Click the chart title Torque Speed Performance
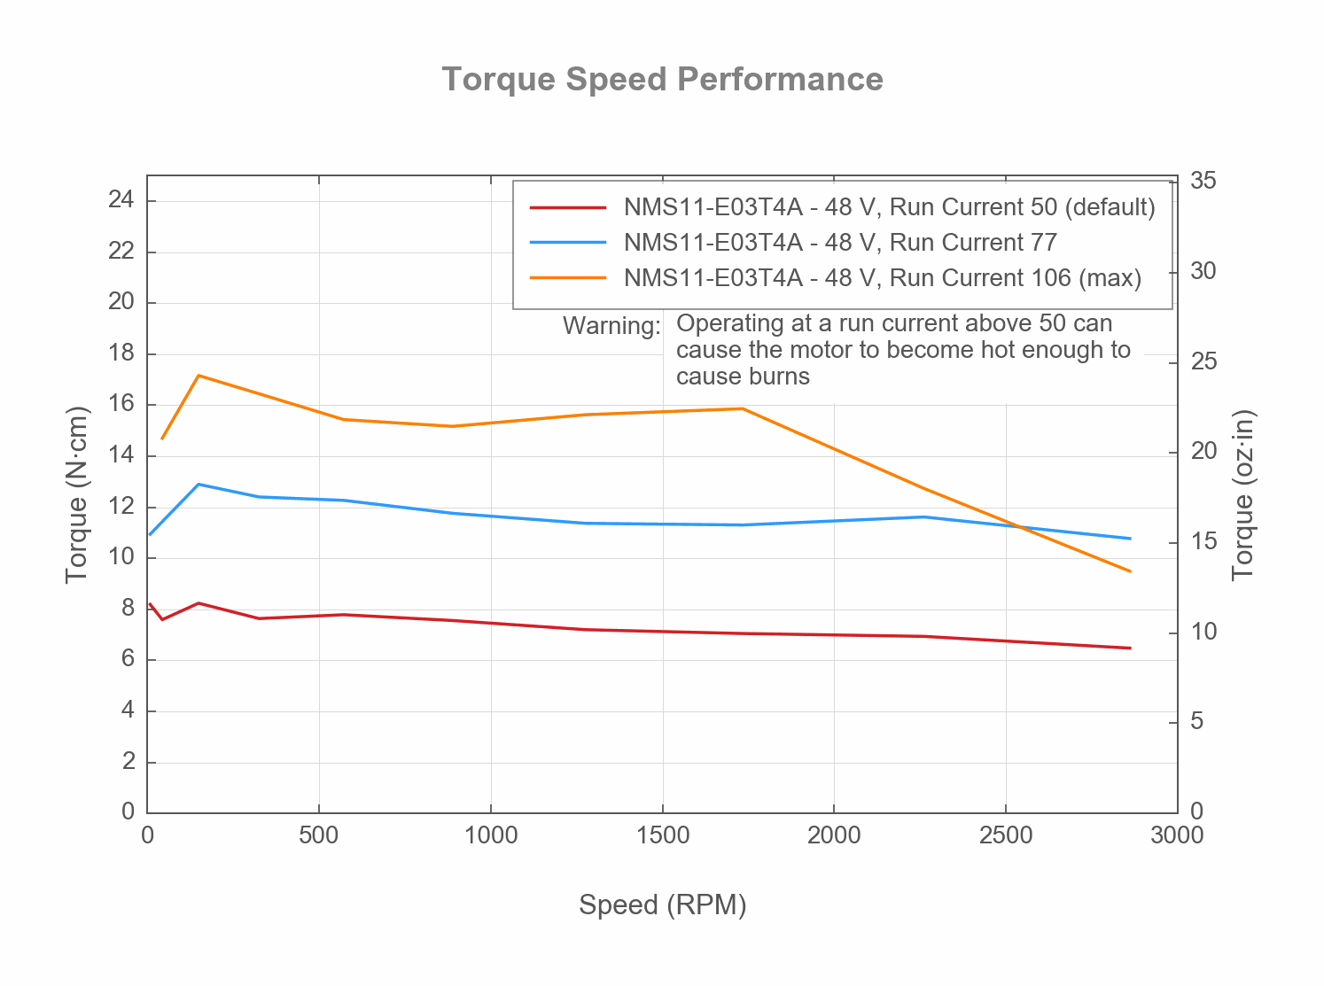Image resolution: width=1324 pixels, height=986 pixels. point(662,80)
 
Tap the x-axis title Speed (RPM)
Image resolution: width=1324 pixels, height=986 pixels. point(662,904)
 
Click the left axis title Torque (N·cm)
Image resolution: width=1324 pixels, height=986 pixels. point(78,494)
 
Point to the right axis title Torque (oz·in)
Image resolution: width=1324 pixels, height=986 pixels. point(1243,494)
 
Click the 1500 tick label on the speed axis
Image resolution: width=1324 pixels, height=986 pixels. point(662,835)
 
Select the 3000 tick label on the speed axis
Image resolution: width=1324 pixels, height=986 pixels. point(1177,835)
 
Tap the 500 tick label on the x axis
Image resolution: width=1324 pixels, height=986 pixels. point(319,835)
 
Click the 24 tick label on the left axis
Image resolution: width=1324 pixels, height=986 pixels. point(121,200)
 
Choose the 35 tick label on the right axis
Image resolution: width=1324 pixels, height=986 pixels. point(1203,181)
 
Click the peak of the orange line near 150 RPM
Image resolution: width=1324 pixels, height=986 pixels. point(199,376)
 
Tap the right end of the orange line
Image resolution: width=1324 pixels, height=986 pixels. point(1130,571)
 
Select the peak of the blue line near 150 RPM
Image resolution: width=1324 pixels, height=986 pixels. point(199,485)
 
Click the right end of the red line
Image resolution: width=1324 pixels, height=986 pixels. point(1130,648)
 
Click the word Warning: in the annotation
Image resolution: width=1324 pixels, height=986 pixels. point(611,326)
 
